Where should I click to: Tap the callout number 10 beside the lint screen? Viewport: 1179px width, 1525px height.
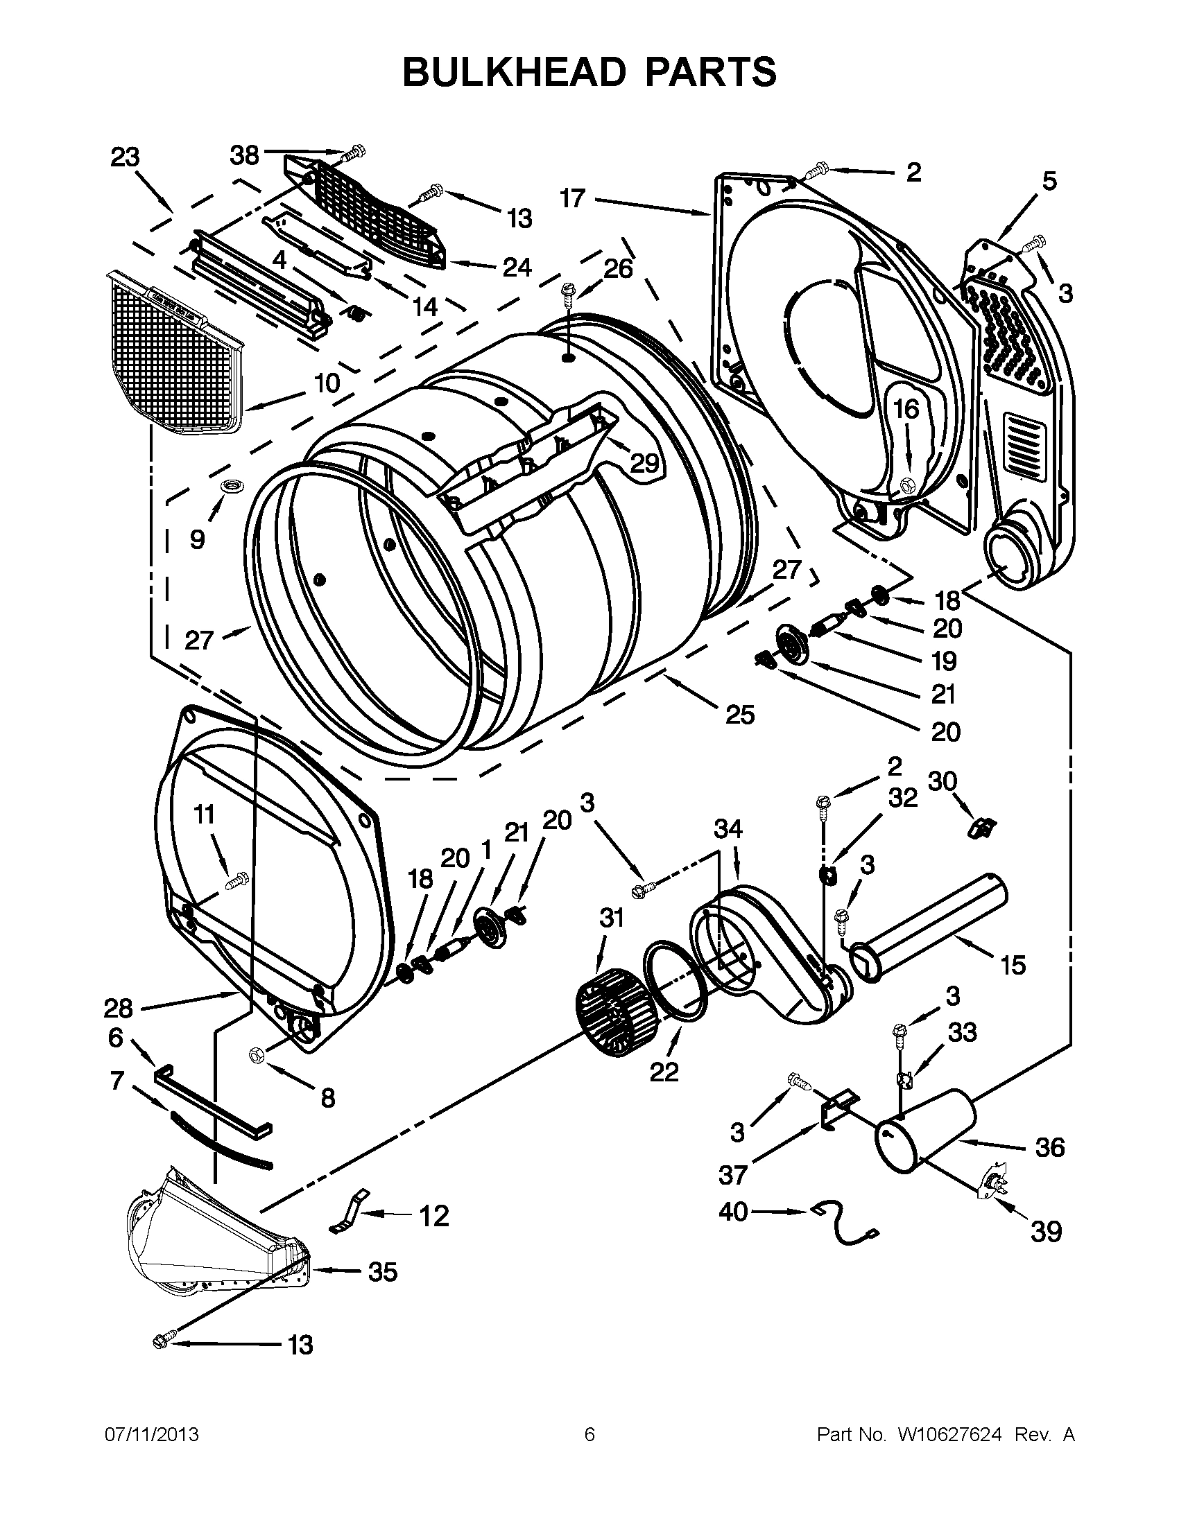point(326,383)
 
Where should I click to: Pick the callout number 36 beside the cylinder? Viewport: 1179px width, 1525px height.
point(1050,1147)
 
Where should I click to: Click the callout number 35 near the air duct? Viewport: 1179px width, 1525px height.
point(383,1271)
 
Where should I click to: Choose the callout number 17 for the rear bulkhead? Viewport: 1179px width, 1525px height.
point(571,198)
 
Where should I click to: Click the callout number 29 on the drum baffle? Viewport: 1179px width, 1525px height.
point(644,462)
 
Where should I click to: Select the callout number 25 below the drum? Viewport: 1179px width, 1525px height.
point(740,713)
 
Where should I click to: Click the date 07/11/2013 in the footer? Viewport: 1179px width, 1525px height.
point(152,1434)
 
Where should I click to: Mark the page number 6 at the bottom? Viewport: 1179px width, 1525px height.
point(589,1434)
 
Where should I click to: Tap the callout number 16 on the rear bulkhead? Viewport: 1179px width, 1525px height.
point(906,408)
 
